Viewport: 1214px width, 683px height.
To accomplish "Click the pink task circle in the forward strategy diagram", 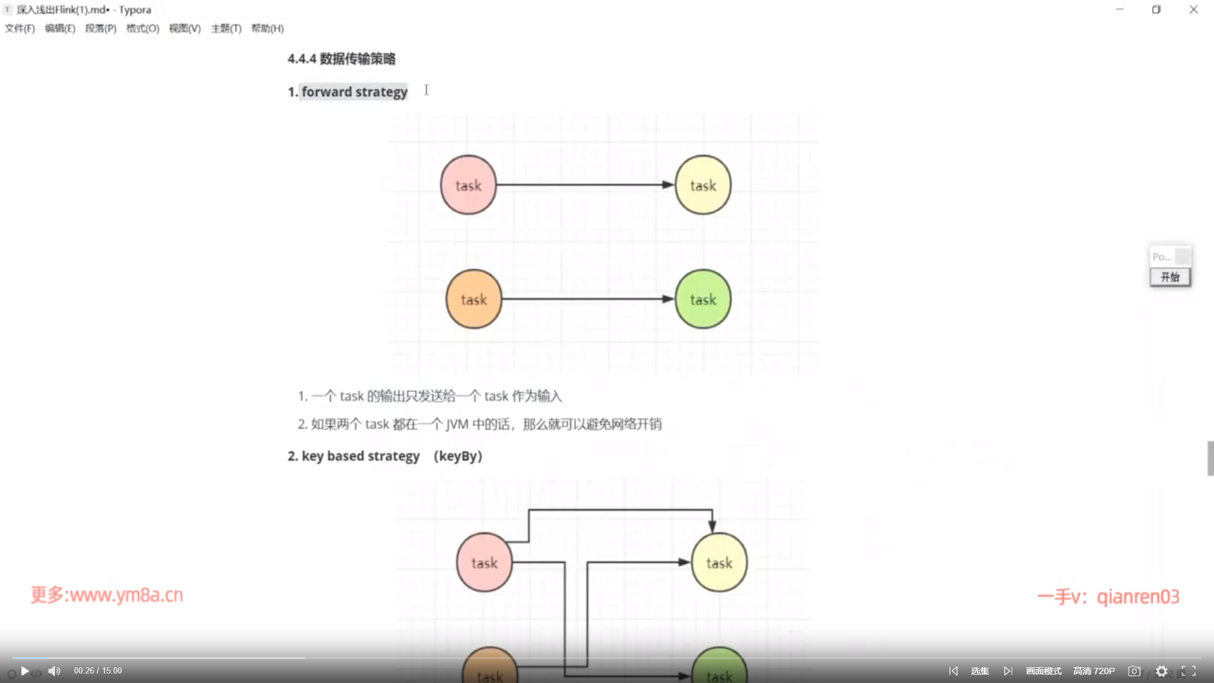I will (x=468, y=185).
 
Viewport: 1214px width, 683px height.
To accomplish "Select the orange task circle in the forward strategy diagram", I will (x=474, y=299).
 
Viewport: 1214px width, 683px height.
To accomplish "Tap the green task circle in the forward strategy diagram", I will (x=702, y=299).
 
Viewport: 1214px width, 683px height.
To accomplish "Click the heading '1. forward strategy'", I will (x=348, y=92).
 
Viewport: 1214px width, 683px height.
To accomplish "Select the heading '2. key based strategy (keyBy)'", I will (x=384, y=456).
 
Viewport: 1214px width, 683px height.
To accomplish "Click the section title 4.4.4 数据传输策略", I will (x=341, y=59).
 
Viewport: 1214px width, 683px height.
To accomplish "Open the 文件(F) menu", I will (x=20, y=28).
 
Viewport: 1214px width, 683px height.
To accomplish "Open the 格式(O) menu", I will (x=142, y=28).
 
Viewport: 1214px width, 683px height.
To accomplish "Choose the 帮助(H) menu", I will (x=267, y=28).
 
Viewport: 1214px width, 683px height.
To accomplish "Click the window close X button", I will (x=1193, y=9).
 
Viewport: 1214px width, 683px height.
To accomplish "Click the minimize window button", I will (x=1119, y=9).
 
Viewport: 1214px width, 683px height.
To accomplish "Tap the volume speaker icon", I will (x=54, y=671).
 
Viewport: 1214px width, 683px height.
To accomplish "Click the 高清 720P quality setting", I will (x=1094, y=671).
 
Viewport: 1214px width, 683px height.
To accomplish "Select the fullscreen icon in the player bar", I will (x=1189, y=671).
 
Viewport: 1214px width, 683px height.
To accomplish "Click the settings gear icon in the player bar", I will (x=1162, y=671).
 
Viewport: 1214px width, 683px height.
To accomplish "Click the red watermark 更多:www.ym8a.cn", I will (x=107, y=595).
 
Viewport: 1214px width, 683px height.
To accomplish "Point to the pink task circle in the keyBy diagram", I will (x=484, y=562).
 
